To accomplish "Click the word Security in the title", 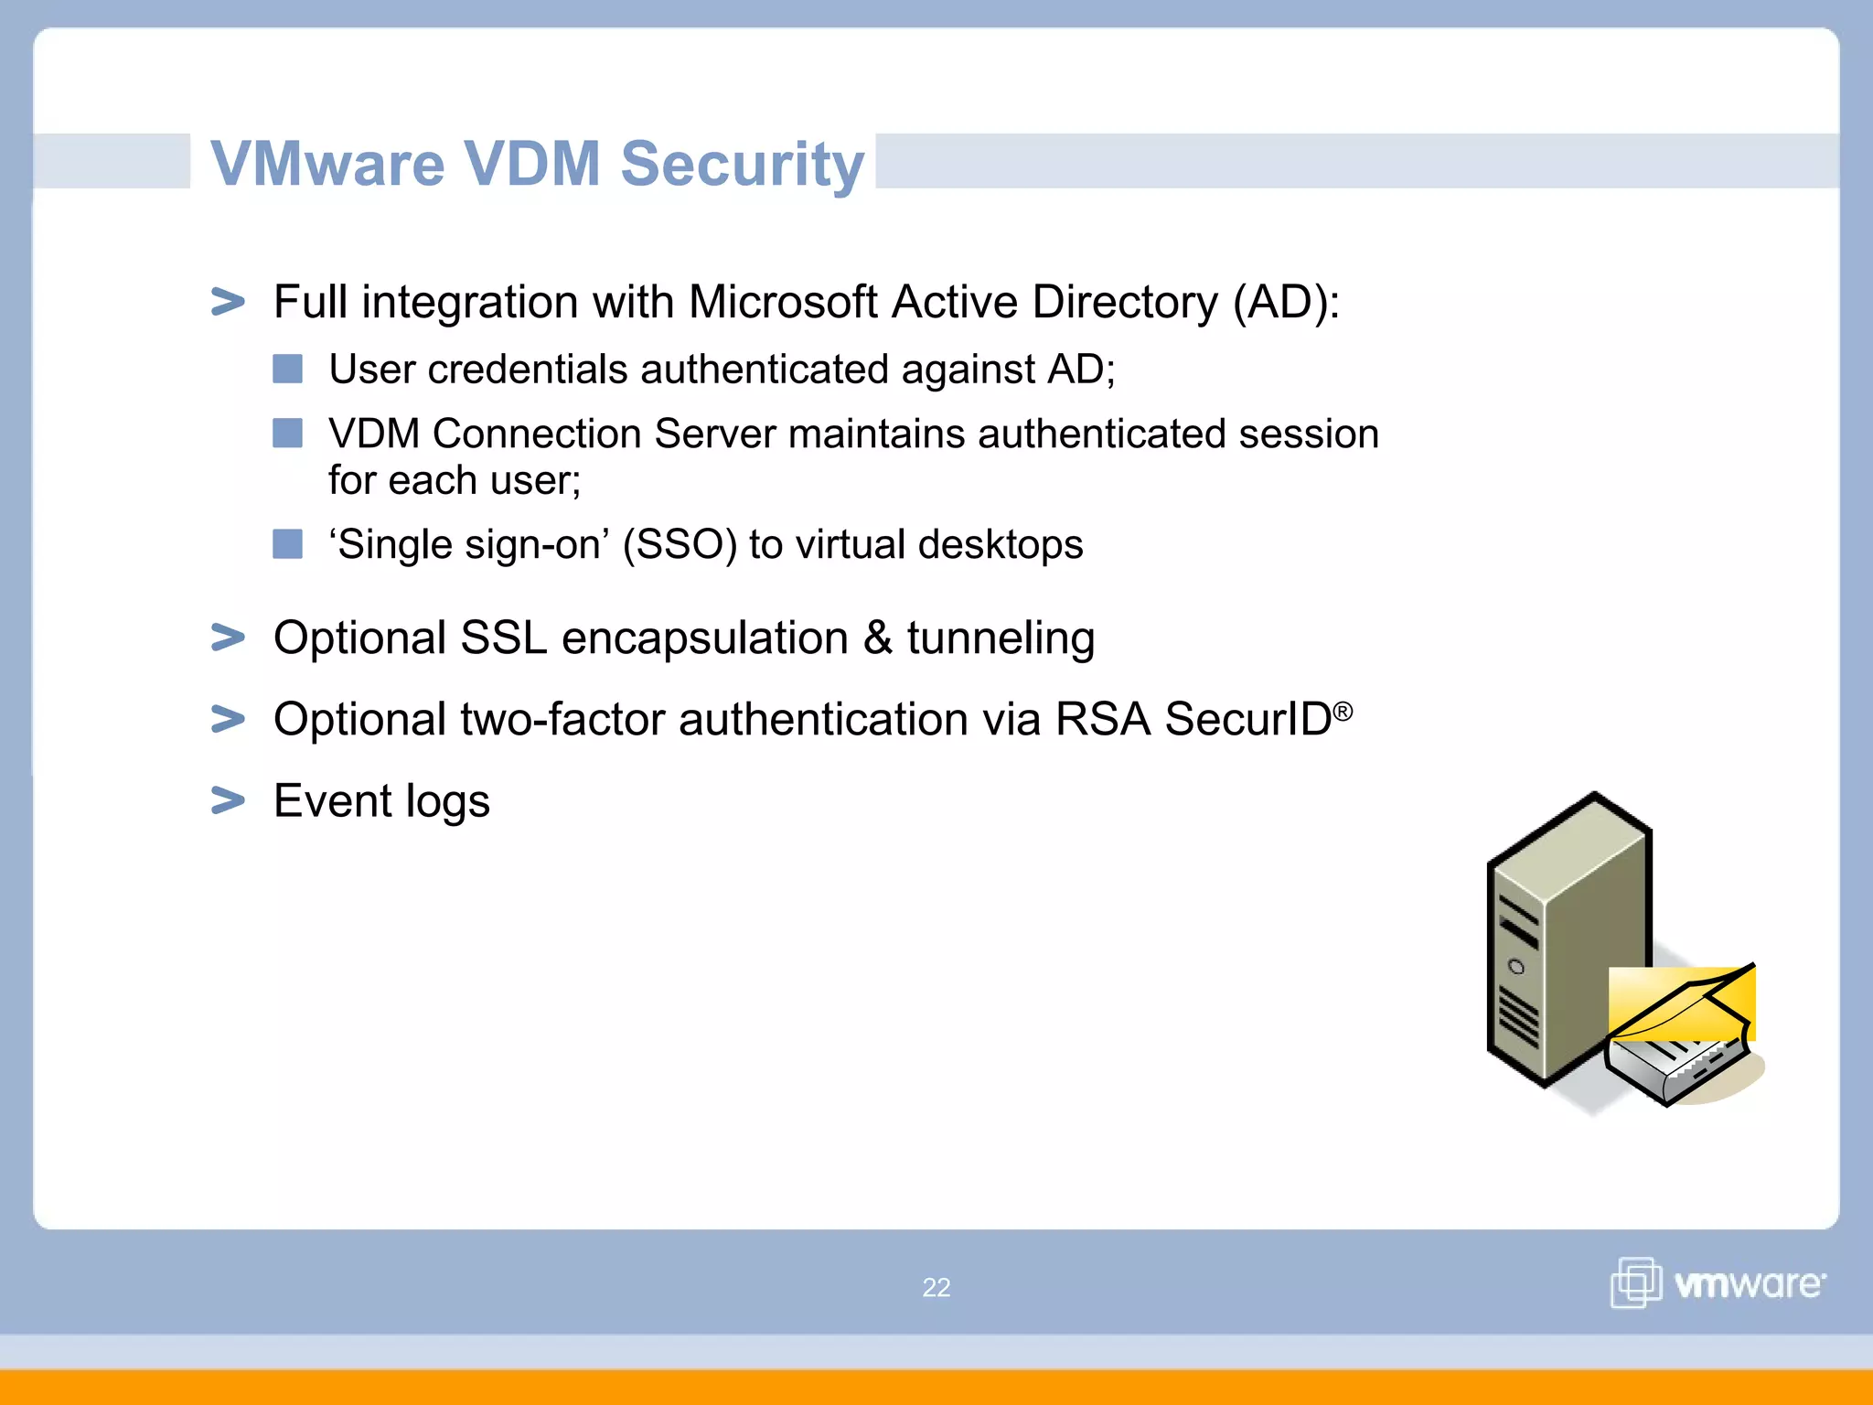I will coord(742,165).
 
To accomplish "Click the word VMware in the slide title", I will coord(327,165).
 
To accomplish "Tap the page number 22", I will coord(936,1287).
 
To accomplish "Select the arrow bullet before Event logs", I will coord(228,800).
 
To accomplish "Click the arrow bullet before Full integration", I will coord(228,302).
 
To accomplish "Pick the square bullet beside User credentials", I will coord(287,370).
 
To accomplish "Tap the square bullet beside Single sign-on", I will coord(287,544).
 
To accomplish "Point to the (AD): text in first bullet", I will coord(1285,302).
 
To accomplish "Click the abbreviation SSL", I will coord(503,638).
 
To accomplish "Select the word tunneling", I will coord(1001,639).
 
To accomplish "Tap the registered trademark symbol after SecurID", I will coord(1343,711).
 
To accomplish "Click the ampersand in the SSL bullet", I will coord(877,638).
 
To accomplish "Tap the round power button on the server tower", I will coord(1516,967).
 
